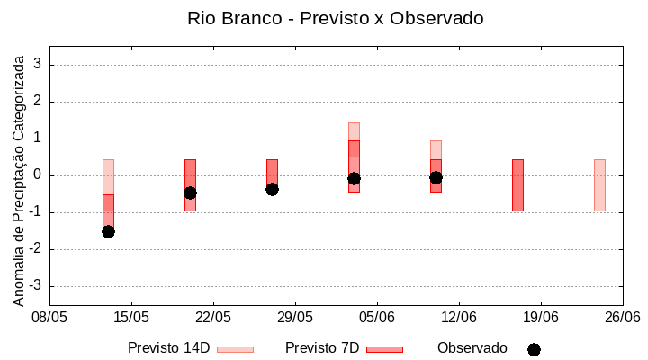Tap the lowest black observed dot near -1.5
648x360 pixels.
pyautogui.click(x=108, y=231)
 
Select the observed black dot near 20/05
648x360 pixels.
pyautogui.click(x=190, y=193)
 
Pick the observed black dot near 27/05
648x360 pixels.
pyautogui.click(x=272, y=189)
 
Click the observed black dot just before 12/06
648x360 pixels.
pyautogui.click(x=436, y=177)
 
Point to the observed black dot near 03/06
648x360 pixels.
pyautogui.click(x=354, y=178)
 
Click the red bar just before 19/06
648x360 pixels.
pyautogui.click(x=517, y=185)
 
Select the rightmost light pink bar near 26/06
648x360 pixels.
pyautogui.click(x=599, y=185)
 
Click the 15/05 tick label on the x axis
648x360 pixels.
pyautogui.click(x=131, y=317)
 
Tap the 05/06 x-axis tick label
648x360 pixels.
pyautogui.click(x=377, y=317)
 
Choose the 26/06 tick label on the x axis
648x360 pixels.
pyautogui.click(x=622, y=317)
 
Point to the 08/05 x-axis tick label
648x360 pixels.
pyautogui.click(x=49, y=317)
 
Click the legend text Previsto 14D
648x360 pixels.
pyautogui.click(x=168, y=347)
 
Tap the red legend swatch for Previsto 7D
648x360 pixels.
pyautogui.click(x=384, y=348)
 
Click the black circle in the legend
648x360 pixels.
pyautogui.click(x=534, y=349)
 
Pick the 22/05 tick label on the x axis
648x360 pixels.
pyautogui.click(x=213, y=317)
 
